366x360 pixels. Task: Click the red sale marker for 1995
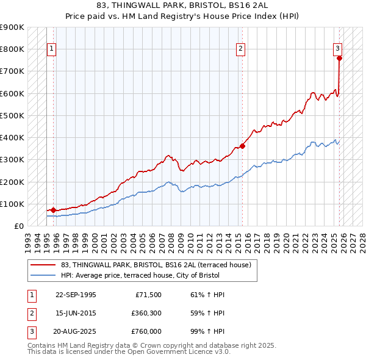pos(53,210)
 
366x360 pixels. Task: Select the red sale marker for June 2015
pos(242,146)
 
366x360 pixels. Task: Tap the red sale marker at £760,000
pos(339,58)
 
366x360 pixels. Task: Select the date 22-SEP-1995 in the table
pos(76,295)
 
